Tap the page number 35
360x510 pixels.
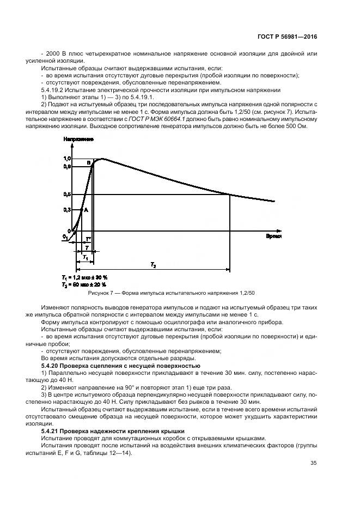[x=313, y=463]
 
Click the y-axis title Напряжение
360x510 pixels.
[x=75, y=140]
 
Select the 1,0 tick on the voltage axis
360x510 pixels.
[x=67, y=158]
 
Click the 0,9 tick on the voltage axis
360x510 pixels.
[x=67, y=166]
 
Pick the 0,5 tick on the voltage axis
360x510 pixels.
[x=67, y=195]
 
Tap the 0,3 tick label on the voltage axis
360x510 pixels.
[x=67, y=210]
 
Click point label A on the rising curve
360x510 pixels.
[x=86, y=210]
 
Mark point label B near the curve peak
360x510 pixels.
[x=89, y=162]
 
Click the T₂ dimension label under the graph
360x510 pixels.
[x=153, y=265]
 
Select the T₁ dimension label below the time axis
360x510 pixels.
[x=85, y=256]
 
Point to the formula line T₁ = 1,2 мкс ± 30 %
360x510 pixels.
[x=85, y=278]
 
